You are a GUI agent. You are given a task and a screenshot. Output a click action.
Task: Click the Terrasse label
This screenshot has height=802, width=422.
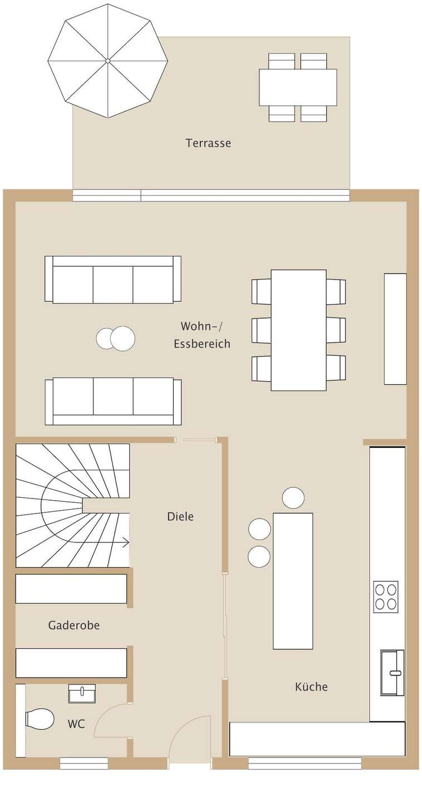pyautogui.click(x=208, y=143)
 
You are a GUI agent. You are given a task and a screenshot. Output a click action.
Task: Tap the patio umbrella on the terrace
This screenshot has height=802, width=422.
pyautogui.click(x=108, y=61)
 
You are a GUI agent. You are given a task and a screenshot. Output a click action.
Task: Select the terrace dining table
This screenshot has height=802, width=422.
pyautogui.click(x=298, y=87)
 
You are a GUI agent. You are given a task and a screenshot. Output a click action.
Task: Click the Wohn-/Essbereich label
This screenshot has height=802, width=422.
pyautogui.click(x=202, y=335)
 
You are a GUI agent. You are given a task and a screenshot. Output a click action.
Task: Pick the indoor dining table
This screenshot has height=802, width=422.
pyautogui.click(x=298, y=330)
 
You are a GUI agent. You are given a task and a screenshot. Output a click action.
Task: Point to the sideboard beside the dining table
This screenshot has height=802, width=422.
pyautogui.click(x=395, y=329)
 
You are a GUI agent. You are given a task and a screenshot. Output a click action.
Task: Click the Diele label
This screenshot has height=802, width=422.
pyautogui.click(x=180, y=516)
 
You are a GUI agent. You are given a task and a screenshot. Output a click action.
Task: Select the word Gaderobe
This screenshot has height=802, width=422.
pyautogui.click(x=73, y=625)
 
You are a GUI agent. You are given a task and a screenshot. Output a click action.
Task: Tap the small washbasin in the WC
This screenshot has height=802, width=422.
pyautogui.click(x=82, y=693)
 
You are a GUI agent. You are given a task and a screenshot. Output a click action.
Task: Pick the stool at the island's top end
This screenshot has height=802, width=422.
pyautogui.click(x=293, y=498)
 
